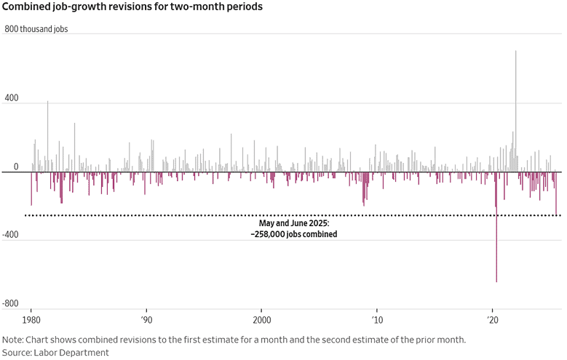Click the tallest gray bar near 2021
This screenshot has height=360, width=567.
(515, 111)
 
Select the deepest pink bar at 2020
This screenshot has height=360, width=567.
(496, 227)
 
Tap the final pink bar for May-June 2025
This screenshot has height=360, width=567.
(556, 193)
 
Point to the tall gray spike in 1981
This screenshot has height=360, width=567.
(47, 137)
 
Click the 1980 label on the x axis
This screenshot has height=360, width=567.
(31, 320)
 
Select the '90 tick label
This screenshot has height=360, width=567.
(146, 320)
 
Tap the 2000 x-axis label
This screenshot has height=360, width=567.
(262, 320)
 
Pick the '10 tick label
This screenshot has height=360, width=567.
(377, 320)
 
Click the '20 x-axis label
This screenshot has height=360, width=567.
(493, 320)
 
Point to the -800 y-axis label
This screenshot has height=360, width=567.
(10, 303)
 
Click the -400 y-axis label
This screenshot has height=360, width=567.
(10, 235)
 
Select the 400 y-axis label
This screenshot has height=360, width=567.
(12, 98)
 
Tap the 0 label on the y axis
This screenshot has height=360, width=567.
(16, 167)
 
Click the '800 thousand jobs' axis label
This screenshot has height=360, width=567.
(36, 29)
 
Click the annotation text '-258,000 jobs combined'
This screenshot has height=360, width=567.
(294, 234)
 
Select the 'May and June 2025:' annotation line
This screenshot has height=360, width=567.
(294, 223)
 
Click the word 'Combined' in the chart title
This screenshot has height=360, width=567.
(24, 7)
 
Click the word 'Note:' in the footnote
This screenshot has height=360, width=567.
(12, 340)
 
